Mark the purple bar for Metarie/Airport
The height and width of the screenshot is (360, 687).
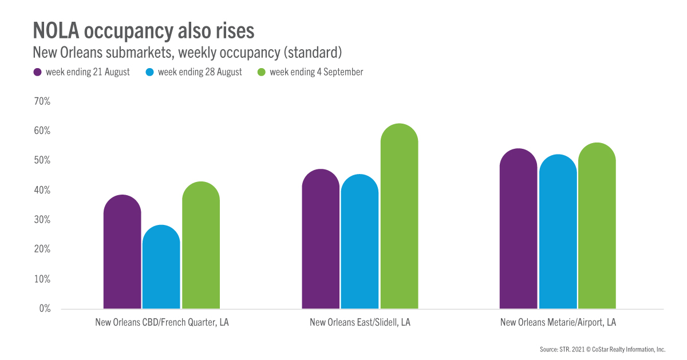518,229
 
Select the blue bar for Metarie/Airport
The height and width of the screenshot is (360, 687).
558,232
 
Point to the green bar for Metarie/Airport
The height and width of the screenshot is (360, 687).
597,226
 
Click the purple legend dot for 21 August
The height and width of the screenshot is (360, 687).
38,72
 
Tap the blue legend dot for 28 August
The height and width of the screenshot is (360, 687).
149,72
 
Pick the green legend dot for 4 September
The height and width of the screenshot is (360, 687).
262,72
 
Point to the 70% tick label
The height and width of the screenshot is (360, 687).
43,101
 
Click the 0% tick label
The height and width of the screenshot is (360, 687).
45,308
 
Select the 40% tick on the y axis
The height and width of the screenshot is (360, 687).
43,190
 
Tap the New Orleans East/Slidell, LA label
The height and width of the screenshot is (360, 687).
360,322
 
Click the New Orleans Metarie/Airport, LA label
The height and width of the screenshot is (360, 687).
558,322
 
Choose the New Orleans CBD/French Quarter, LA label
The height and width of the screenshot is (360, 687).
162,322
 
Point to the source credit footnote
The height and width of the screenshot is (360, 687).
602,349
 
